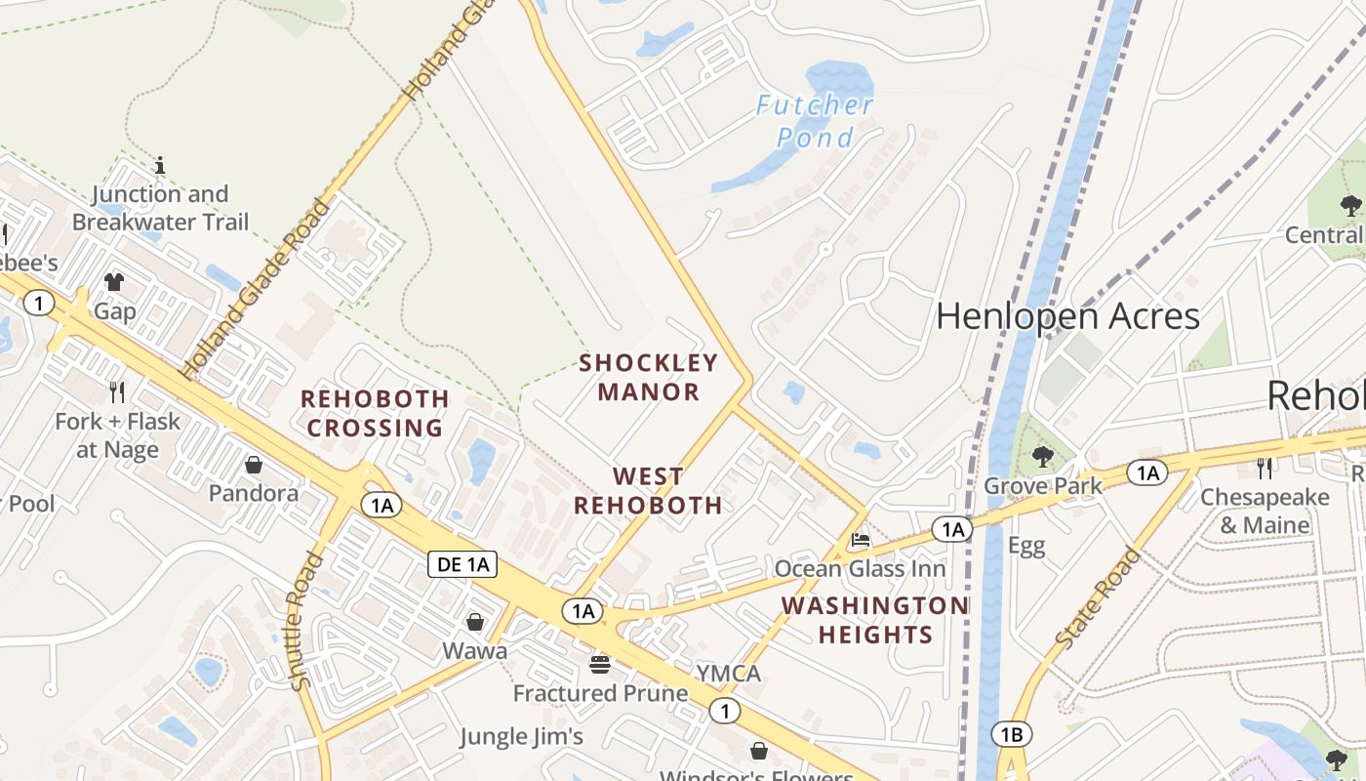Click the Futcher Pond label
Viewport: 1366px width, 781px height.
815,121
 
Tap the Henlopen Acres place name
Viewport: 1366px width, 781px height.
1067,316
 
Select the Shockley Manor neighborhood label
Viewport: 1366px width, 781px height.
649,378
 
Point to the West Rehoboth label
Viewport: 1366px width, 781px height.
648,491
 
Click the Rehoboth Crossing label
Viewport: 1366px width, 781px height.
375,413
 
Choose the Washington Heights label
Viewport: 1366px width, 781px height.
875,620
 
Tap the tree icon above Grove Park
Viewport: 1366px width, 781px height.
1042,456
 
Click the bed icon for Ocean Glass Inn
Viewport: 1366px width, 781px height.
860,539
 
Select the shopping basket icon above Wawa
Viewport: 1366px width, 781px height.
475,622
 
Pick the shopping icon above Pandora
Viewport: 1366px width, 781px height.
254,464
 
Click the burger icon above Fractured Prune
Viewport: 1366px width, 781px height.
600,665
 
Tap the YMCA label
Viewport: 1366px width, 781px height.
728,674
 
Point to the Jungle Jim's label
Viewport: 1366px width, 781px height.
521,736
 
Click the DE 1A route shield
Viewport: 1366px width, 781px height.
462,564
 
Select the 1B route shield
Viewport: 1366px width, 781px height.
1011,734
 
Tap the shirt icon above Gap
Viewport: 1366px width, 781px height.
114,282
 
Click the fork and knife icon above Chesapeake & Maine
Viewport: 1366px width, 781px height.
1265,469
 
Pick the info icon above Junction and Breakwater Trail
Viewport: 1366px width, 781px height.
160,165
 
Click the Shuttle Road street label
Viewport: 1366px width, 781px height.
306,621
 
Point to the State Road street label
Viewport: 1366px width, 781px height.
1099,599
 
